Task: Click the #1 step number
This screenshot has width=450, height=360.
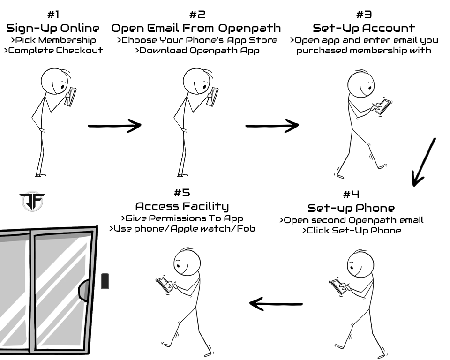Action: pos(53,15)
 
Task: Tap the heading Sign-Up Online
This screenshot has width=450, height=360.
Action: pos(53,28)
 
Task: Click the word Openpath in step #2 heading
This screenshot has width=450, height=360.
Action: pos(249,28)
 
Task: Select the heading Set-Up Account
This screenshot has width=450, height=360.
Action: pos(364,28)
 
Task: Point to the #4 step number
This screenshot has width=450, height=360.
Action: pos(351,195)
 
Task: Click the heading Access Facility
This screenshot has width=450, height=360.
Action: pos(182,206)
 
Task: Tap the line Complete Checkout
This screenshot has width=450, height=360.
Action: pos(53,51)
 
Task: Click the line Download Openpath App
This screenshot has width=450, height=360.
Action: pos(197,51)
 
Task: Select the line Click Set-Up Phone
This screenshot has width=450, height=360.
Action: pos(352,231)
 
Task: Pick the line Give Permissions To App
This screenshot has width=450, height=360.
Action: pos(182,218)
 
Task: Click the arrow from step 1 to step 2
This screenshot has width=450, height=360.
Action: pos(114,126)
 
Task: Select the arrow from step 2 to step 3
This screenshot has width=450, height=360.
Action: pos(272,126)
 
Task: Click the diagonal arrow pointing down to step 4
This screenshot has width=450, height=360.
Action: pos(424,162)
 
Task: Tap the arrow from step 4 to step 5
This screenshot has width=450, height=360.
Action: pos(276,304)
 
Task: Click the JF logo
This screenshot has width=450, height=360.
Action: pos(32,202)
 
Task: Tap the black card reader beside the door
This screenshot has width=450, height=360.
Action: pos(105,281)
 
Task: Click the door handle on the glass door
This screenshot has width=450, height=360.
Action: pos(84,290)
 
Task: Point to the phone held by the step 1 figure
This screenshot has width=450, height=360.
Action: pos(71,97)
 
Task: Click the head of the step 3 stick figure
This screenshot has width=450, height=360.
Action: pos(361,84)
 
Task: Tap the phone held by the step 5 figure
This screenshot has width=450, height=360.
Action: pos(165,285)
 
